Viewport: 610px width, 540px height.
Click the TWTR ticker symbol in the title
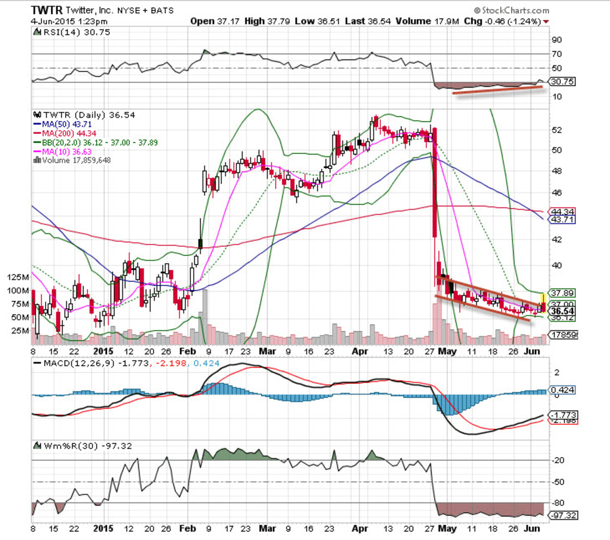pos(47,10)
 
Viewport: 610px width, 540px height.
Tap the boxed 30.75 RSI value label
pos(562,82)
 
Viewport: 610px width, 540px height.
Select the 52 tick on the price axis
pos(557,130)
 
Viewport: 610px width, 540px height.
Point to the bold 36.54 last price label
pos(562,311)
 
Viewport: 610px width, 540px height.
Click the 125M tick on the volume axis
pos(18,277)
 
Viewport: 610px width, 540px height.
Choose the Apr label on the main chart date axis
pos(359,352)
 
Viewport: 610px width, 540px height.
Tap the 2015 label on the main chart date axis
pos(103,352)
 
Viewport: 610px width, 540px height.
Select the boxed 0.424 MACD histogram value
pos(562,390)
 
